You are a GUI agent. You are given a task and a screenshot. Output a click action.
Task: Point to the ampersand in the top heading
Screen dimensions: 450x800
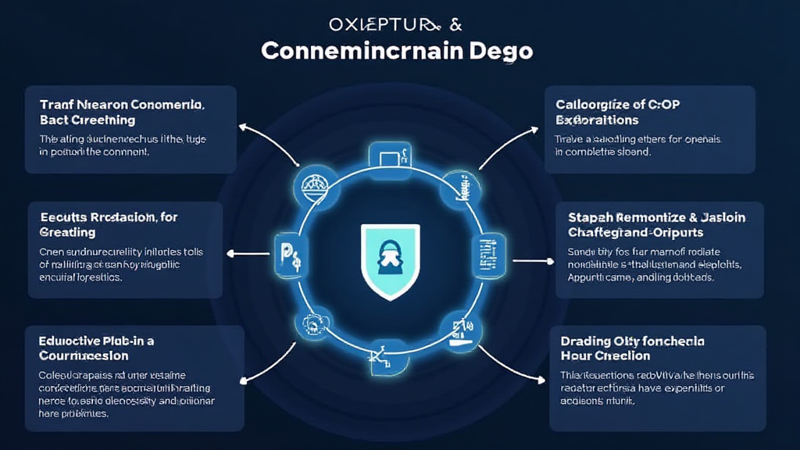[x=455, y=23]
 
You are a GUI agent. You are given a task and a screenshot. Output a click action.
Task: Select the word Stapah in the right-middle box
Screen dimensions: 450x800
[x=590, y=217]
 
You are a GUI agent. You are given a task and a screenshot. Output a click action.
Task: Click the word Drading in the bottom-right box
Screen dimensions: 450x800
[x=584, y=341]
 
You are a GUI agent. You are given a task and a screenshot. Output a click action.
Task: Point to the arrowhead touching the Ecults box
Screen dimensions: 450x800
[x=229, y=253]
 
